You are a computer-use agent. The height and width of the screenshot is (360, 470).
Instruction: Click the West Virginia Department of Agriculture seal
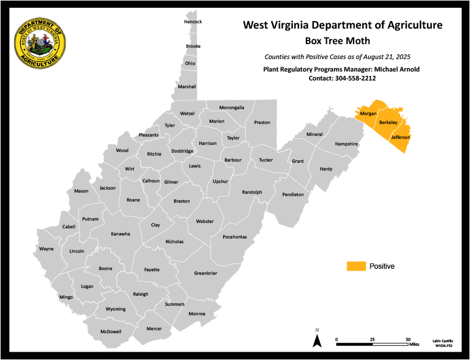coord(40,43)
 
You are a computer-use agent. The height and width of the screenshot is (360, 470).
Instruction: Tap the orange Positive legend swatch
coord(356,266)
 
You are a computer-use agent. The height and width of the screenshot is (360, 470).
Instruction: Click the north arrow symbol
coord(317,340)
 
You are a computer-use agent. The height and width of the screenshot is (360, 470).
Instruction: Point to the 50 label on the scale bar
coord(408,339)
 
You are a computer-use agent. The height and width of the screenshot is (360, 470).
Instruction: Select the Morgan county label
coord(367,113)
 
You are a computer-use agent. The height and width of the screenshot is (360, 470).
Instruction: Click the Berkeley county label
coord(388,123)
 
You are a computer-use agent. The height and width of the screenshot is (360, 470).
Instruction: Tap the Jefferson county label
coord(400,138)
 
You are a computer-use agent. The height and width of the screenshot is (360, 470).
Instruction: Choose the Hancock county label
coord(193,22)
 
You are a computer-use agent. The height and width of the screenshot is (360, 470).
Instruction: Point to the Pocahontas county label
coord(234,237)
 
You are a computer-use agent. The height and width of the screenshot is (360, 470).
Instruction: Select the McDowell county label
coord(110,331)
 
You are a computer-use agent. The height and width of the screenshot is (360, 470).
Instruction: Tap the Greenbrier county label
coord(205,274)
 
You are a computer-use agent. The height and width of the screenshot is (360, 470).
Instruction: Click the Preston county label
coord(262,122)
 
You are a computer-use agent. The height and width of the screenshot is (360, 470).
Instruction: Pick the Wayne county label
coord(46,249)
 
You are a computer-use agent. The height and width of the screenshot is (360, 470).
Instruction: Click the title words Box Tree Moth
coord(338,41)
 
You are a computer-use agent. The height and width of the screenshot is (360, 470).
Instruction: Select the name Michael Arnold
coord(395,69)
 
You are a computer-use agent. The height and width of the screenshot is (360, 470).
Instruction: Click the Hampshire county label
coord(346,144)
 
